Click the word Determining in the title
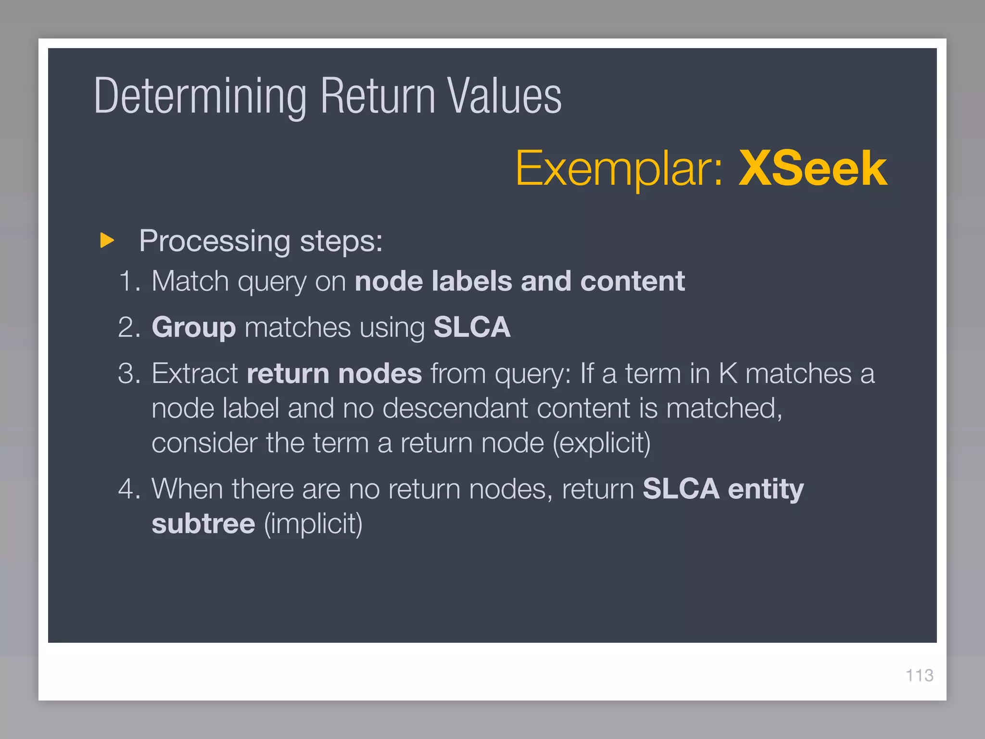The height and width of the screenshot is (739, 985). pyautogui.click(x=200, y=96)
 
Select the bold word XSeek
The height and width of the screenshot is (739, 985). pyautogui.click(x=812, y=168)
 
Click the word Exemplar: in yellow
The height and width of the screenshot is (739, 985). pyautogui.click(x=619, y=168)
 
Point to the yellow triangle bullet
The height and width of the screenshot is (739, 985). pyautogui.click(x=107, y=240)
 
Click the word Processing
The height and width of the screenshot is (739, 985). pyautogui.click(x=215, y=241)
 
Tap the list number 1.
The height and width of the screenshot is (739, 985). pyautogui.click(x=129, y=281)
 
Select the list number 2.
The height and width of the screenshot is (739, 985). pyautogui.click(x=129, y=328)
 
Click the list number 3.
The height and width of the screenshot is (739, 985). pyautogui.click(x=129, y=374)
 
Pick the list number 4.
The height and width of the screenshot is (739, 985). pyautogui.click(x=129, y=489)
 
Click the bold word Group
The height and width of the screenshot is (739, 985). pyautogui.click(x=193, y=328)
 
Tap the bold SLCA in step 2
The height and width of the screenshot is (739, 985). pyautogui.click(x=472, y=328)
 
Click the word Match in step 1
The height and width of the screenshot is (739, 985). pyautogui.click(x=190, y=281)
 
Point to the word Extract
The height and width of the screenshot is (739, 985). pyautogui.click(x=195, y=374)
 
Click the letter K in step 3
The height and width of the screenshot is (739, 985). pyautogui.click(x=728, y=374)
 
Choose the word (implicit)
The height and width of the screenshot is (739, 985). pyautogui.click(x=313, y=524)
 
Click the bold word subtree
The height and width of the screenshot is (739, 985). pyautogui.click(x=203, y=524)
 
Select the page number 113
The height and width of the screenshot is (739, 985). pyautogui.click(x=919, y=675)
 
